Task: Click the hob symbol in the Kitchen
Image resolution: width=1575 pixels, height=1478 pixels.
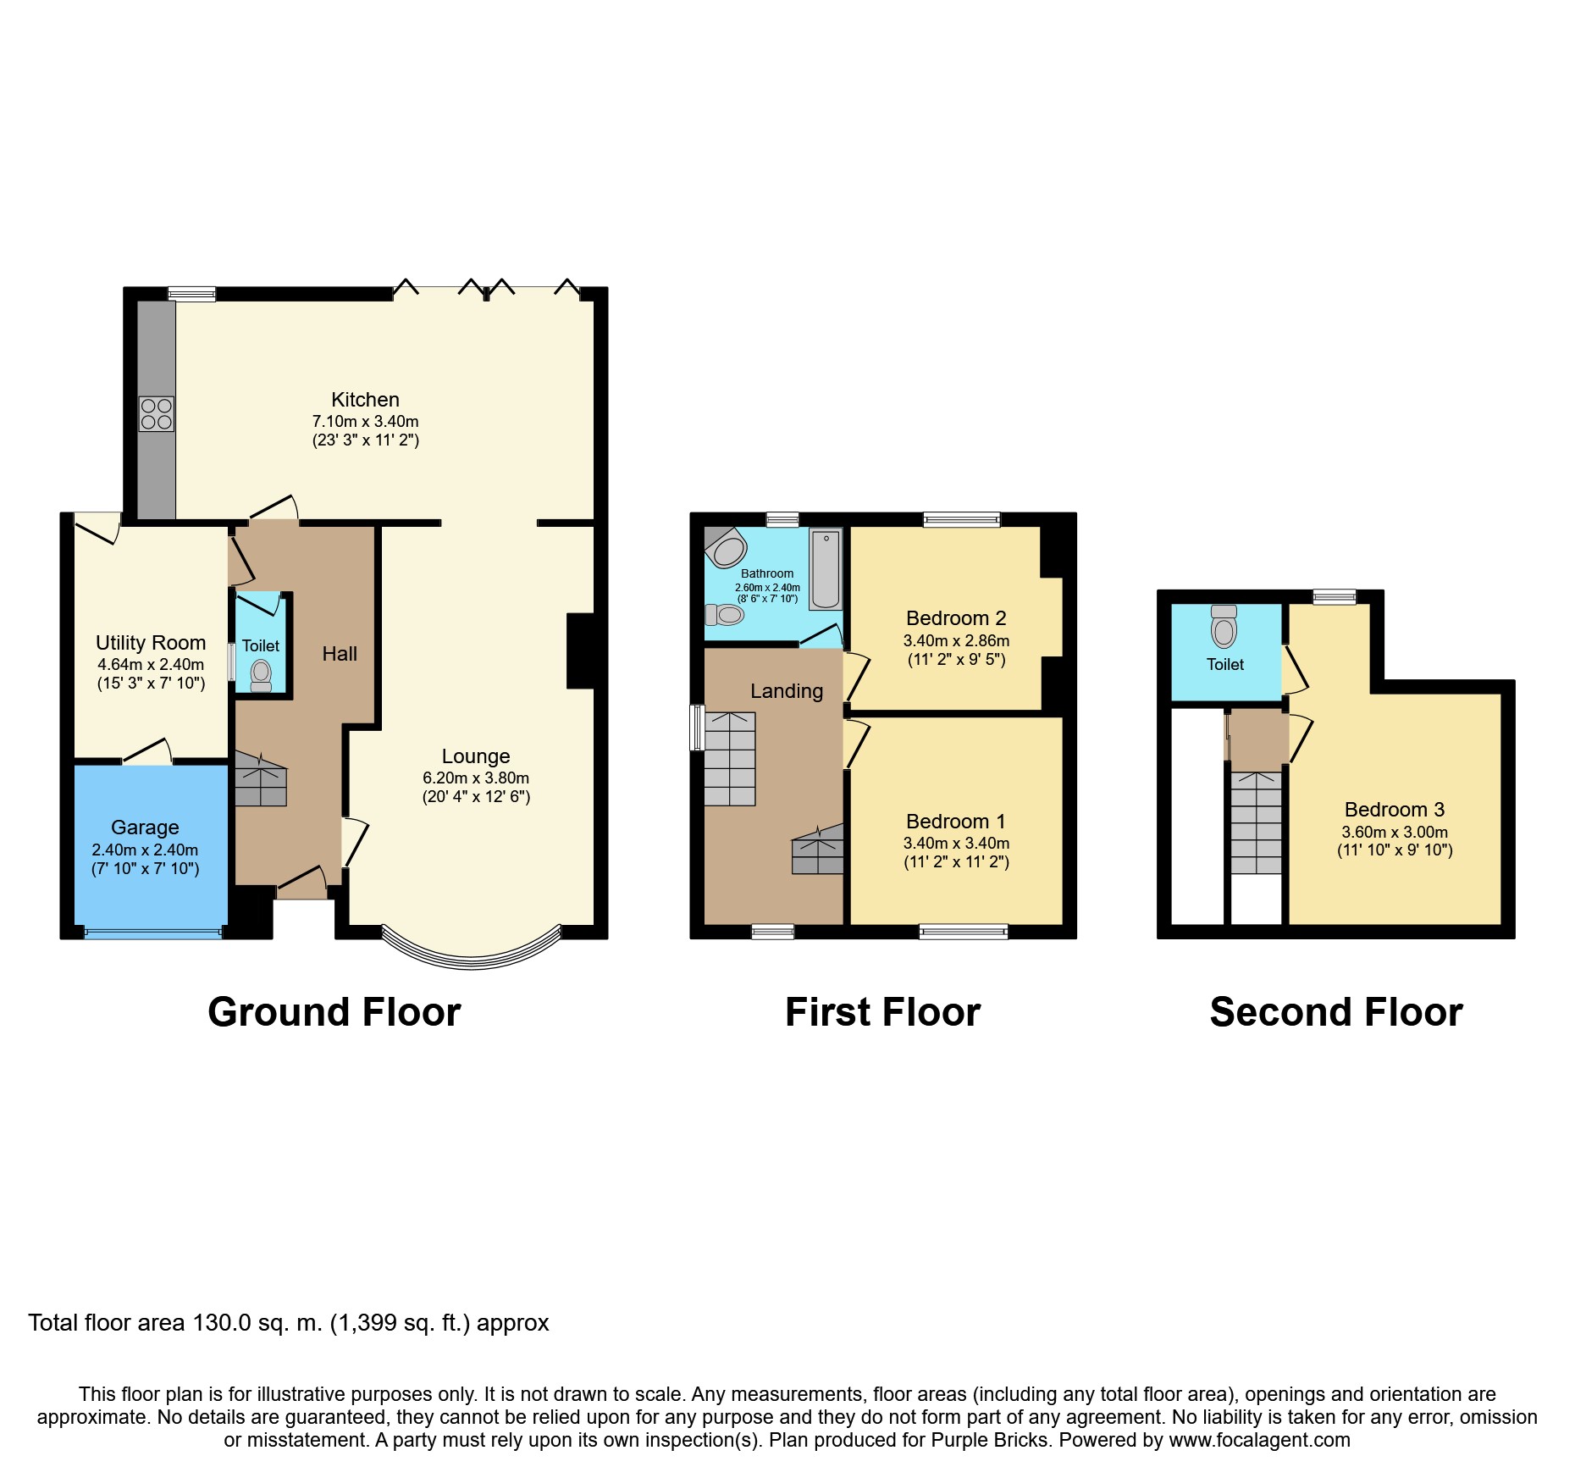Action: [x=157, y=414]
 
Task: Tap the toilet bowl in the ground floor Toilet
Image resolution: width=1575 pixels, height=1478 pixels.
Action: [x=261, y=674]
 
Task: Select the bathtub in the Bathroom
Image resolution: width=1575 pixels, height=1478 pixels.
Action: [x=826, y=569]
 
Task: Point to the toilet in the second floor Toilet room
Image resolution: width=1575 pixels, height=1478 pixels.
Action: [x=1224, y=628]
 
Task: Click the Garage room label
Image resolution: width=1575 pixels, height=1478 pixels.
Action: [x=145, y=828]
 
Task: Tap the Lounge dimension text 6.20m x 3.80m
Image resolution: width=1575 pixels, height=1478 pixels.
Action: [x=476, y=778]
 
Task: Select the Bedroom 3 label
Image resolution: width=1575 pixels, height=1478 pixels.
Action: [x=1394, y=810]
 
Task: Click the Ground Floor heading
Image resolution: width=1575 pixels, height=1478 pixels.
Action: [x=334, y=1012]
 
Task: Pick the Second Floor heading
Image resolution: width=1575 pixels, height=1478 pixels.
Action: [x=1335, y=1012]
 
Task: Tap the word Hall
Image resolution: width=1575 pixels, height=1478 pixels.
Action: [x=340, y=654]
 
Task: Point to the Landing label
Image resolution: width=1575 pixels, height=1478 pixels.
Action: [x=786, y=691]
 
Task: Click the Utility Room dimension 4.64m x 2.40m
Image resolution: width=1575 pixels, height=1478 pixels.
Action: [x=151, y=665]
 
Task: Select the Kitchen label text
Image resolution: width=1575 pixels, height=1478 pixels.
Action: [x=365, y=400]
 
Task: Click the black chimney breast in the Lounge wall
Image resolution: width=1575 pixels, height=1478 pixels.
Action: [x=581, y=650]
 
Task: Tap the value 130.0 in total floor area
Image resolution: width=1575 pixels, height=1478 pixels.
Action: [x=222, y=1323]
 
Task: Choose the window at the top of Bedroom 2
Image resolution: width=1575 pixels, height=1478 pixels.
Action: [x=961, y=519]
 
